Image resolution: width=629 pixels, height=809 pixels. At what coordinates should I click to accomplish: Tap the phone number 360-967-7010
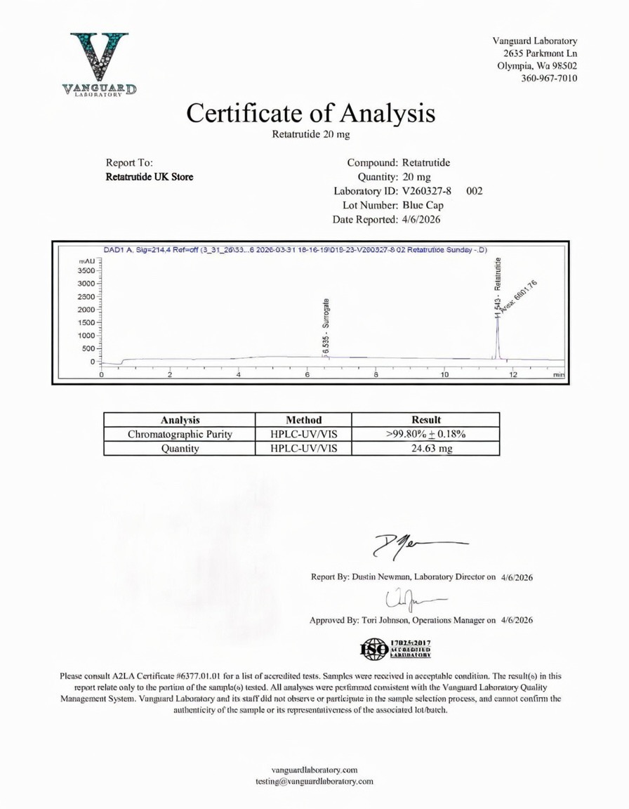pos(549,78)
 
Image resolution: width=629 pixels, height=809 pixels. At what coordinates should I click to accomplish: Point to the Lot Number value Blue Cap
pos(423,205)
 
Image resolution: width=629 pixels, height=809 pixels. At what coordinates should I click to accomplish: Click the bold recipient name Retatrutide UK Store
pos(150,177)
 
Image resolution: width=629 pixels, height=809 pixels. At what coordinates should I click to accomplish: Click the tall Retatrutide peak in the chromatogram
pos(497,330)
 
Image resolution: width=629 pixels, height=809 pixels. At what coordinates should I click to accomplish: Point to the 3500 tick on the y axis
pos(85,270)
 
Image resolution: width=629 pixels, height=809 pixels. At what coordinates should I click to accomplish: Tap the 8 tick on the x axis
pos(376,375)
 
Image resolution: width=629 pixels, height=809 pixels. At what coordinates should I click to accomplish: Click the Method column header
pos(303,419)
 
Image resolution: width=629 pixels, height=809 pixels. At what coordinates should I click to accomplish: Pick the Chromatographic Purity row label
pos(180,434)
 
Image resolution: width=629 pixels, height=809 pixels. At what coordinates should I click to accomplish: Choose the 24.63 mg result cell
pos(425,449)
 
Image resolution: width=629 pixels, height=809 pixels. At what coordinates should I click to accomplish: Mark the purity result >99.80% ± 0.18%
pos(425,434)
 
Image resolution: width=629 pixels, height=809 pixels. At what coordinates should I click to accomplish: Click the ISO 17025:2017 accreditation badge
pos(395,649)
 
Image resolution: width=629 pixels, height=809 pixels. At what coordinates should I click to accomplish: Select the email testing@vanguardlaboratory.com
pos(314,781)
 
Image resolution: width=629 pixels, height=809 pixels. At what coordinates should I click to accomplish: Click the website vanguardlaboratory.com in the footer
pos(314,770)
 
